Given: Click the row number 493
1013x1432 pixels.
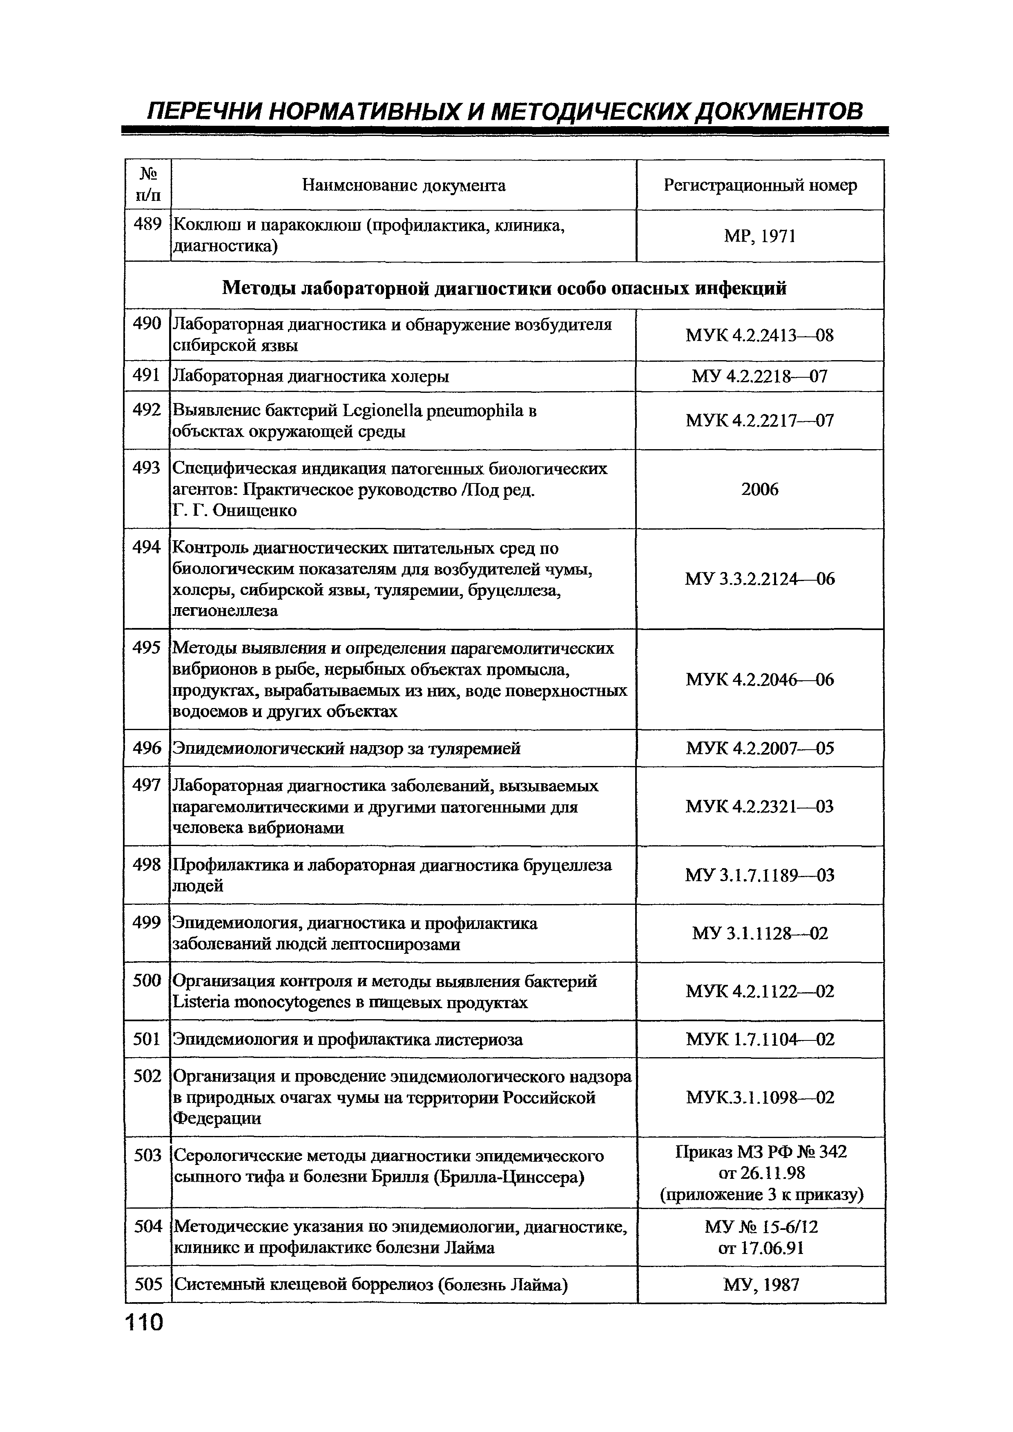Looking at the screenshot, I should (x=147, y=468).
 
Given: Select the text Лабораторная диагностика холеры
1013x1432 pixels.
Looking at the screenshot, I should (x=310, y=377).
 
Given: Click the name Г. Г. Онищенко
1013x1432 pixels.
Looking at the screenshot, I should (x=234, y=511).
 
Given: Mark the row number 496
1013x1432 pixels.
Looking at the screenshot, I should (x=147, y=748).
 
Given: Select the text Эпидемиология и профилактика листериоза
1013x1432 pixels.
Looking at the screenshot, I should (x=348, y=1040).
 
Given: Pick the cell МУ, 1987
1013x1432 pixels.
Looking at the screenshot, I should (x=762, y=1285).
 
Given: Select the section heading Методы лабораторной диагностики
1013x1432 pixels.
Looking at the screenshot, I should (x=387, y=288).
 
